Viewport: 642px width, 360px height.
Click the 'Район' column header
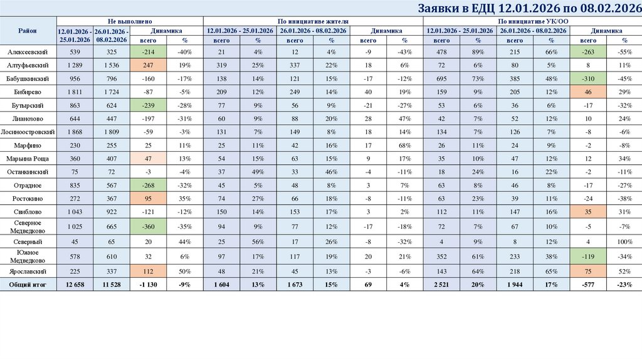[x=28, y=31]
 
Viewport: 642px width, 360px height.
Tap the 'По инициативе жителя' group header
[x=313, y=21]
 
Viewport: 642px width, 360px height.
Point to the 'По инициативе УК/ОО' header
[x=532, y=21]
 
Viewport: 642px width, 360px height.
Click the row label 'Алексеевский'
[x=28, y=51]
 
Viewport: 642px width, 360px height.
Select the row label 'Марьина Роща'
[x=28, y=158]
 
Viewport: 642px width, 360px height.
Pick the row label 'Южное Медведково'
[x=28, y=256]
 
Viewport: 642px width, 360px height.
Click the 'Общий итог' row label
[x=28, y=285]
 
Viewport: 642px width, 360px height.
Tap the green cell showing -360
[x=149, y=226]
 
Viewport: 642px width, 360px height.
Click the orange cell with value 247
[x=149, y=65]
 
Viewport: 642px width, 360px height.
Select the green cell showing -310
[x=588, y=78]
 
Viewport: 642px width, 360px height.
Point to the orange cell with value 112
[x=149, y=272]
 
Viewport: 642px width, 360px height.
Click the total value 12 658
[x=75, y=285]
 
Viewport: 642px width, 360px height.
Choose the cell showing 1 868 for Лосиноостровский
[x=75, y=132]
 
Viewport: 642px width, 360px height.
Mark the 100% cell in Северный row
[x=624, y=241]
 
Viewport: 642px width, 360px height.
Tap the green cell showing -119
[x=588, y=256]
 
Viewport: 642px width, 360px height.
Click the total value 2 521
[x=442, y=285]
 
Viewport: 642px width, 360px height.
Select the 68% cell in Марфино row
[x=405, y=145]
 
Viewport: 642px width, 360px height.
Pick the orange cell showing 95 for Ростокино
[x=149, y=198]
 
